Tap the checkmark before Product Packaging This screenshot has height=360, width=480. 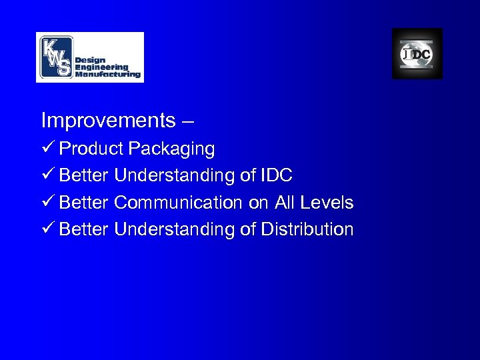pyautogui.click(x=47, y=148)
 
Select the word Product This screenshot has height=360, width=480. pyautogui.click(x=92, y=149)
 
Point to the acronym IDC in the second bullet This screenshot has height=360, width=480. pyautogui.click(x=275, y=175)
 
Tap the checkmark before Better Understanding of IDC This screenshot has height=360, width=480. pyautogui.click(x=47, y=175)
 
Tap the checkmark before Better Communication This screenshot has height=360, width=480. pyautogui.click(x=47, y=203)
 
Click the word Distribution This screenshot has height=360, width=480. pyautogui.click(x=307, y=230)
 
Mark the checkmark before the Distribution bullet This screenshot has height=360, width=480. pyautogui.click(x=47, y=230)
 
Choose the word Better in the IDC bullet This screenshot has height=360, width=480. pyautogui.click(x=85, y=175)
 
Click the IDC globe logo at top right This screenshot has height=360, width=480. pyautogui.click(x=417, y=54)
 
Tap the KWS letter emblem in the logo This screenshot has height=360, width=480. pyautogui.click(x=55, y=57)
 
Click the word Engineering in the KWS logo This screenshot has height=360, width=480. pyautogui.click(x=101, y=67)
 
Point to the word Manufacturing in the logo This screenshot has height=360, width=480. pyautogui.click(x=108, y=75)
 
